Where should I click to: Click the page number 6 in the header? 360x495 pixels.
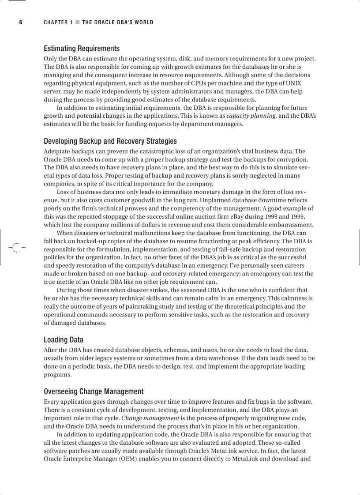pos(20,22)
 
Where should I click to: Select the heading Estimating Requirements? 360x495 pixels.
pos(82,48)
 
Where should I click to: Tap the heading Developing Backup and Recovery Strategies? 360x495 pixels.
pos(110,141)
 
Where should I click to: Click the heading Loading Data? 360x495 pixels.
pos(63,340)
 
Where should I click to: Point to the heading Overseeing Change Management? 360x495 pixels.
pos(94,391)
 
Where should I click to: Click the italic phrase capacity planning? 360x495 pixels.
pos(251,116)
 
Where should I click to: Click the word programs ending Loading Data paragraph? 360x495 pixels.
pos(57,375)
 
